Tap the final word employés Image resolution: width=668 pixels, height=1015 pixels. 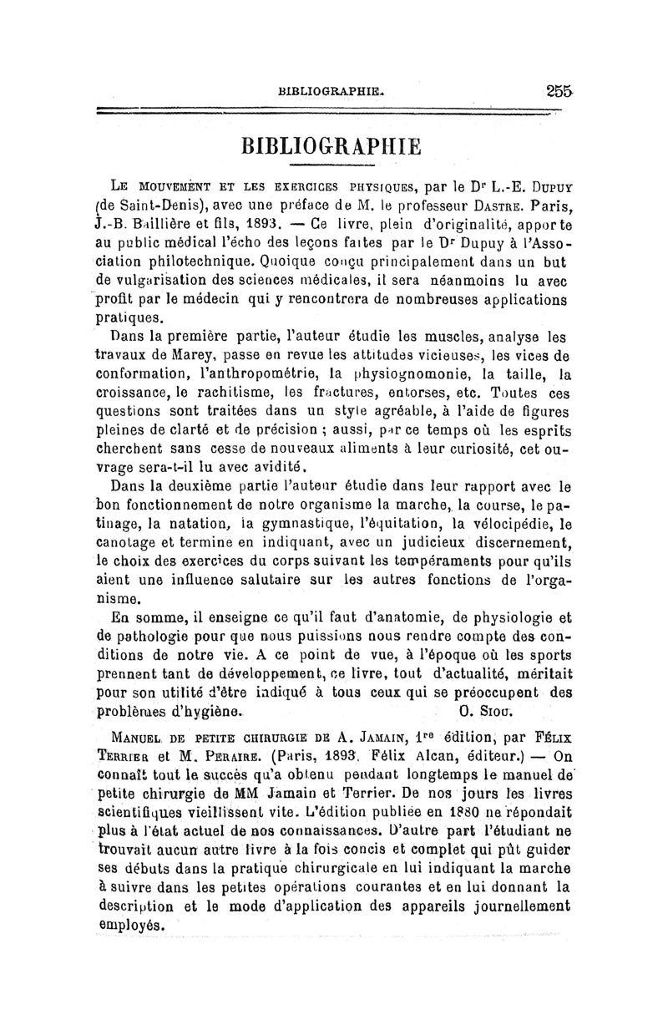(129, 924)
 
